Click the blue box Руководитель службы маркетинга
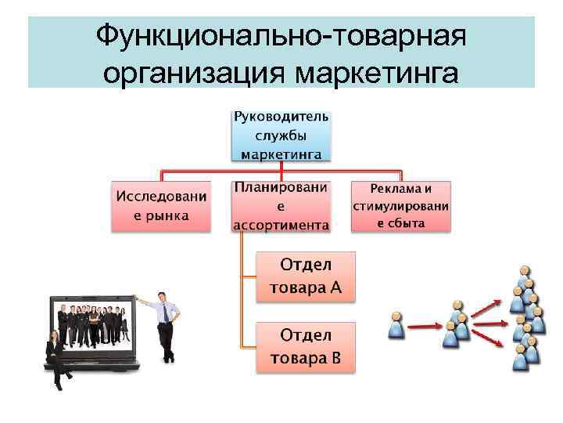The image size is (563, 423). tap(281, 136)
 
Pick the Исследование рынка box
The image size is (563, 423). tap(163, 205)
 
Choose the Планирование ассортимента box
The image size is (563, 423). tap(281, 206)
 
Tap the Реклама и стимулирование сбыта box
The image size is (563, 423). tap(400, 205)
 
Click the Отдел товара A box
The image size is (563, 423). tap(306, 277)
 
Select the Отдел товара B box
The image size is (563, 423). tap(306, 347)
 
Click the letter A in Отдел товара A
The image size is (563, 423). tap(335, 287)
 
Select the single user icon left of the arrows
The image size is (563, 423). tap(397, 324)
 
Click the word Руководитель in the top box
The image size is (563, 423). tap(281, 117)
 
